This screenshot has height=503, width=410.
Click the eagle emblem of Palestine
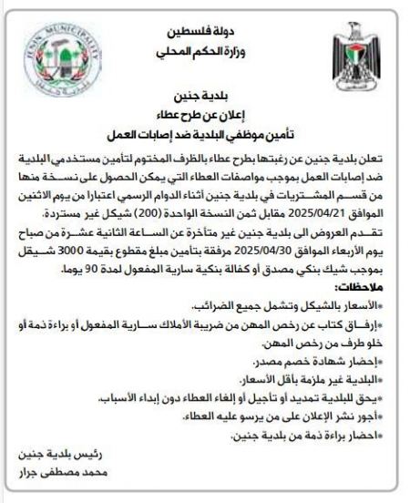[x=348, y=56]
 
